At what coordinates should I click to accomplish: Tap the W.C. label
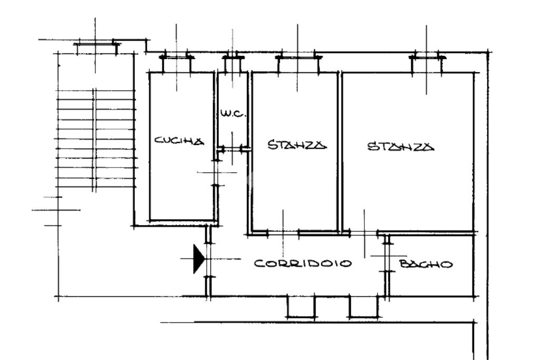click(x=233, y=113)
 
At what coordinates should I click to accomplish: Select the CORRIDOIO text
click(x=303, y=264)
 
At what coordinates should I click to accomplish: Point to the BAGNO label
click(x=426, y=264)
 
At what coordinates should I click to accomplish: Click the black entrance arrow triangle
click(x=198, y=258)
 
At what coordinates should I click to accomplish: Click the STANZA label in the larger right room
click(x=401, y=147)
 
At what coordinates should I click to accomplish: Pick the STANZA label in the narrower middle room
click(x=297, y=144)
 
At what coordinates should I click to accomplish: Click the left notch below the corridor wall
click(x=301, y=307)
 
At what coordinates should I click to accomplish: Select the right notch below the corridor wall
click(x=364, y=307)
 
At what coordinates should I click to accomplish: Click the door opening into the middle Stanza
click(x=283, y=232)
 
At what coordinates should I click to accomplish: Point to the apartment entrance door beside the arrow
click(x=208, y=258)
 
